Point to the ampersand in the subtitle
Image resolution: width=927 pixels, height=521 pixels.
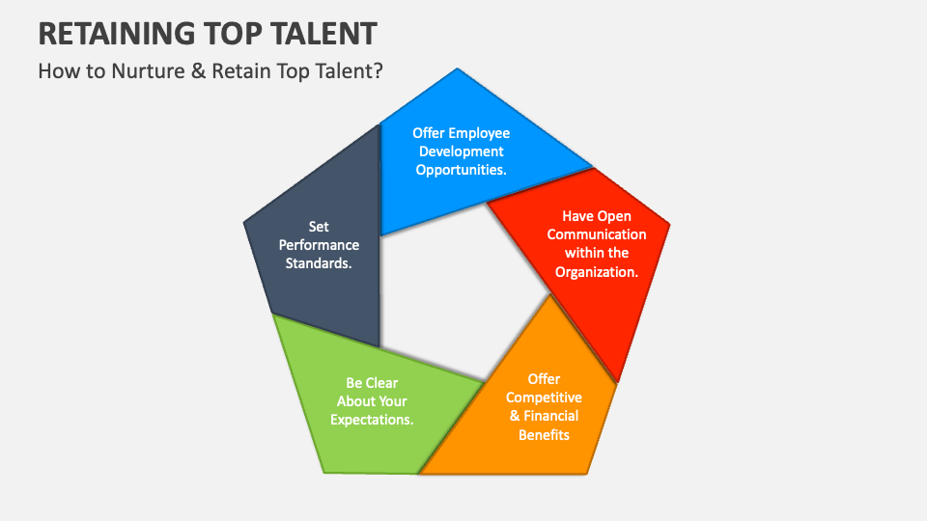point(197,71)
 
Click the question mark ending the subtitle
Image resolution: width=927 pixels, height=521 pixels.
point(378,71)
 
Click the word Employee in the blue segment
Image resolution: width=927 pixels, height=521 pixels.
point(476,133)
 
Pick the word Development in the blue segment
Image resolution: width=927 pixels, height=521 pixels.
point(462,151)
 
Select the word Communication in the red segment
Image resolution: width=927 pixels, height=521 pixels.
point(597,234)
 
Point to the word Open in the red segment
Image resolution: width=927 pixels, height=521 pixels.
point(615,216)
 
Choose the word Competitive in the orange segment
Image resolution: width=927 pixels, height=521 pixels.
point(545,398)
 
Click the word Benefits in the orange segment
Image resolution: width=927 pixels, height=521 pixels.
point(545,434)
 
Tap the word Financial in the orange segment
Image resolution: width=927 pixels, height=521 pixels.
point(551,416)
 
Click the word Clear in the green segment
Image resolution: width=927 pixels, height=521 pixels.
point(382,383)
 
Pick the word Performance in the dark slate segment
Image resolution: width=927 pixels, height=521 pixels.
point(319,245)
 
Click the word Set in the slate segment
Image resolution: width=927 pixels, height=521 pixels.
point(319,227)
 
